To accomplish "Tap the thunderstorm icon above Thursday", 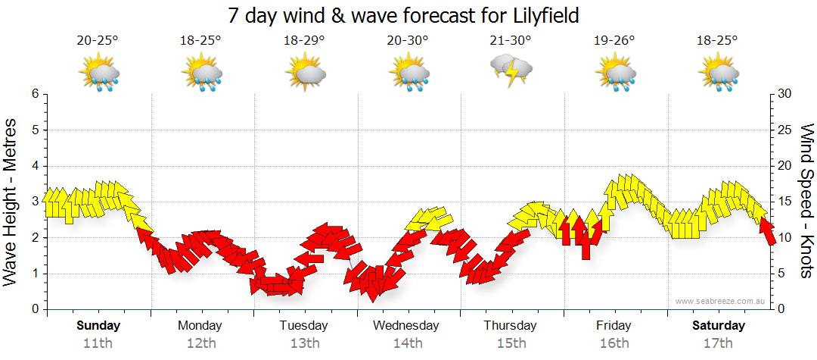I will [x=511, y=71].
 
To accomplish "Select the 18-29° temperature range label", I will [x=304, y=41].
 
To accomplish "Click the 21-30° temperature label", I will [x=511, y=41].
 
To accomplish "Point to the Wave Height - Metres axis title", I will [x=11, y=202].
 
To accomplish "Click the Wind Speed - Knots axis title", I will [x=806, y=202].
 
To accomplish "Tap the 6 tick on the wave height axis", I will [x=34, y=94].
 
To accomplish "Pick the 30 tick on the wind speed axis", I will [x=784, y=94].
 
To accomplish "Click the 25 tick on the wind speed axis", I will [x=784, y=130].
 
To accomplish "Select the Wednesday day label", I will [x=407, y=326].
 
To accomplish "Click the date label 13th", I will [x=303, y=343].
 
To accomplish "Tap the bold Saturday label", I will [x=718, y=326].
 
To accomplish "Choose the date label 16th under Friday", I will [x=614, y=343].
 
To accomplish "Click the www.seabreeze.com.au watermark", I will [x=722, y=301].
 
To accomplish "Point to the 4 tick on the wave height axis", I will [x=34, y=166].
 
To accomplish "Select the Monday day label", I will [x=200, y=326].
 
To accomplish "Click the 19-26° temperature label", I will [x=614, y=41].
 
